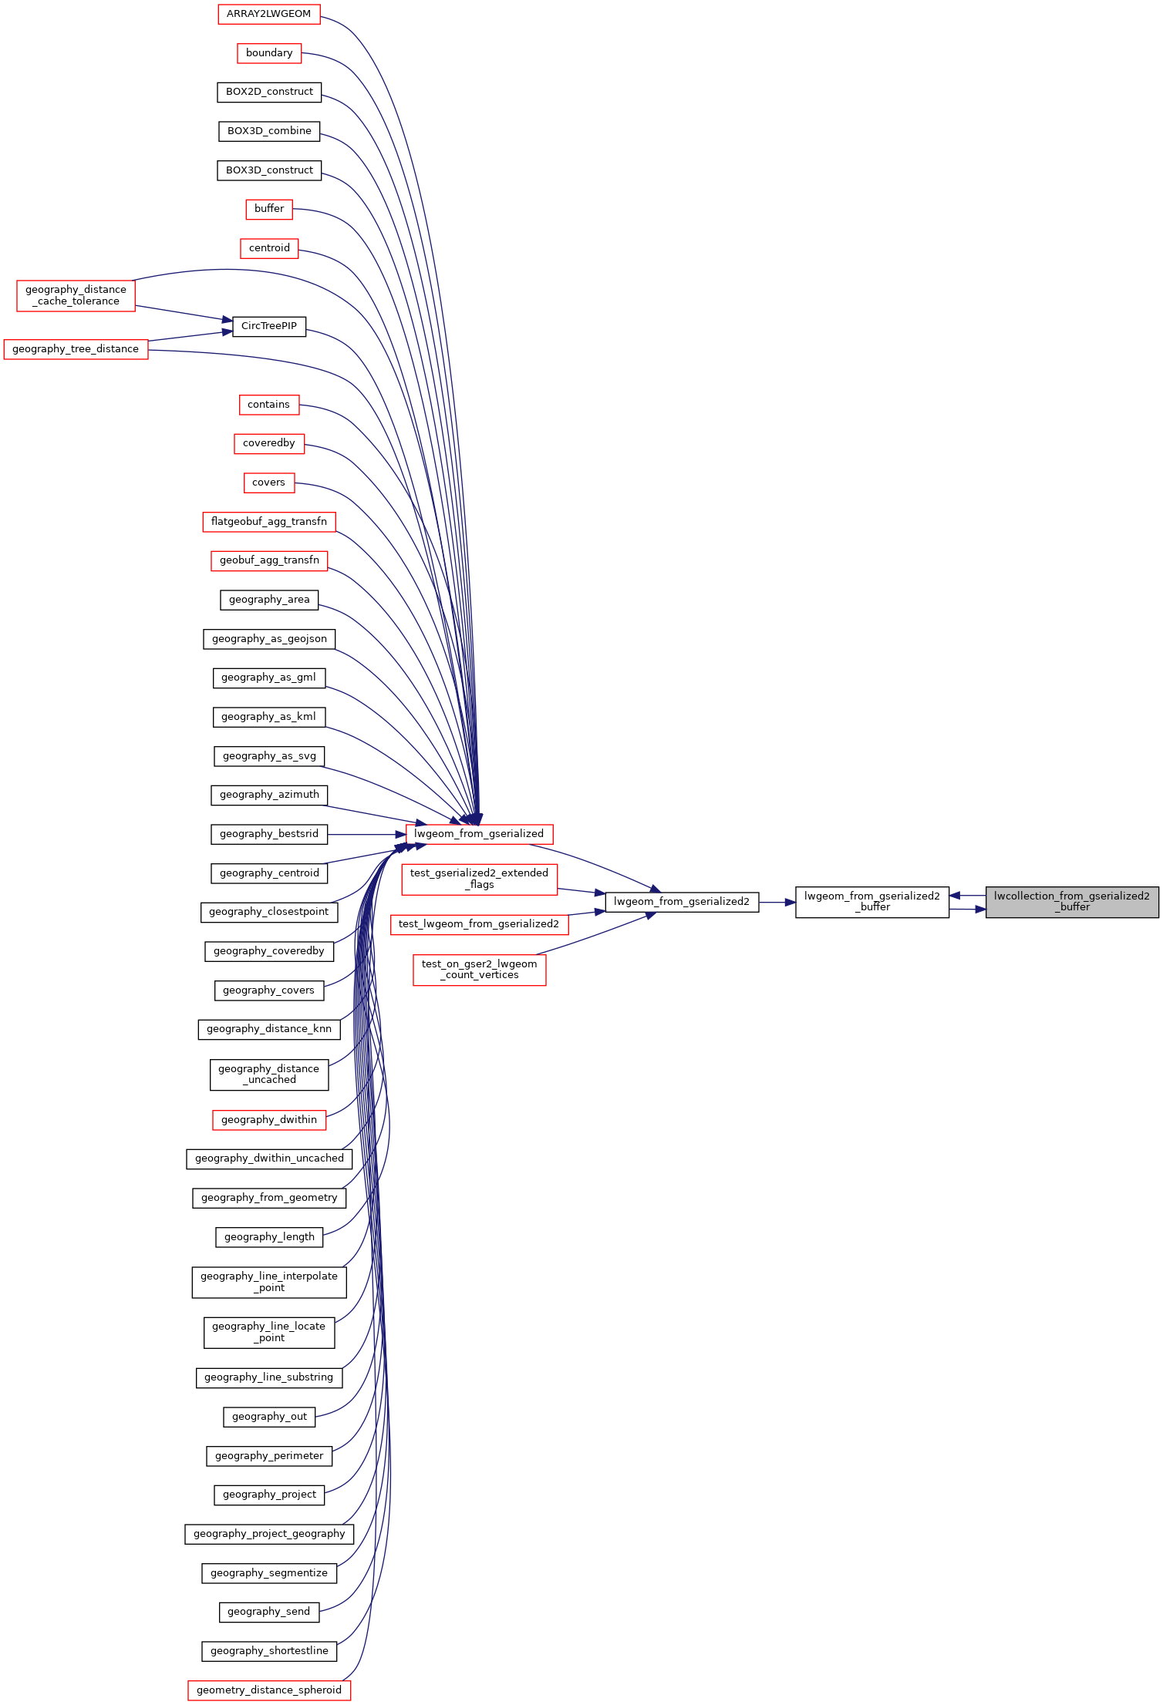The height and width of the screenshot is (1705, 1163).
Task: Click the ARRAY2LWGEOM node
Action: point(268,14)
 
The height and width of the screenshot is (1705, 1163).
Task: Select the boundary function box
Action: point(268,53)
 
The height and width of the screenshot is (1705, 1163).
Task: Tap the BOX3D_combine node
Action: point(268,131)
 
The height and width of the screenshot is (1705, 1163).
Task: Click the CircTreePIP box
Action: point(268,326)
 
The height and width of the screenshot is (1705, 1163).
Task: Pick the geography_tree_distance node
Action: point(76,349)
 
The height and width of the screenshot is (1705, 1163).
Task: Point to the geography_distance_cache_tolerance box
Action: point(76,295)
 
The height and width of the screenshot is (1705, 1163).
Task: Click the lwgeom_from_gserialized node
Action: point(478,834)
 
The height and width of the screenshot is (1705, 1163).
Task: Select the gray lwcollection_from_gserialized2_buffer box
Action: point(1071,902)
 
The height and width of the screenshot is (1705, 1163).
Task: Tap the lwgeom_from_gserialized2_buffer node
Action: point(871,902)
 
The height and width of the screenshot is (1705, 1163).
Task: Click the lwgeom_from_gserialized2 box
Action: point(682,902)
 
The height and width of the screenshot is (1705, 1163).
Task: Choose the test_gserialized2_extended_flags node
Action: point(479,879)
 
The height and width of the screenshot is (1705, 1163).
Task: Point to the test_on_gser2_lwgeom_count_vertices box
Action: point(479,970)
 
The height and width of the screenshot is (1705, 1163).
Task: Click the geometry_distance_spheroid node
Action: point(268,1690)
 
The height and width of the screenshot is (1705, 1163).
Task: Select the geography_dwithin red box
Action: point(268,1120)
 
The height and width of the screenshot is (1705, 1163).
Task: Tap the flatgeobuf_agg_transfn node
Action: point(268,522)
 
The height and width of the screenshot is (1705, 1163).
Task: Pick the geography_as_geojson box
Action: point(268,639)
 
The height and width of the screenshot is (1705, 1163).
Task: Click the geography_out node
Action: point(268,1417)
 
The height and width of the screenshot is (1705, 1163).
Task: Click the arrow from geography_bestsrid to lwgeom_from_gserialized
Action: point(366,834)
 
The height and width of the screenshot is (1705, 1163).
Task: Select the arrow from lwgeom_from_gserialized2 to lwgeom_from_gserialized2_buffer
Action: point(777,902)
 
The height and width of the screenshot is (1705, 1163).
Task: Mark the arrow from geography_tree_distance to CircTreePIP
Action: point(189,336)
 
